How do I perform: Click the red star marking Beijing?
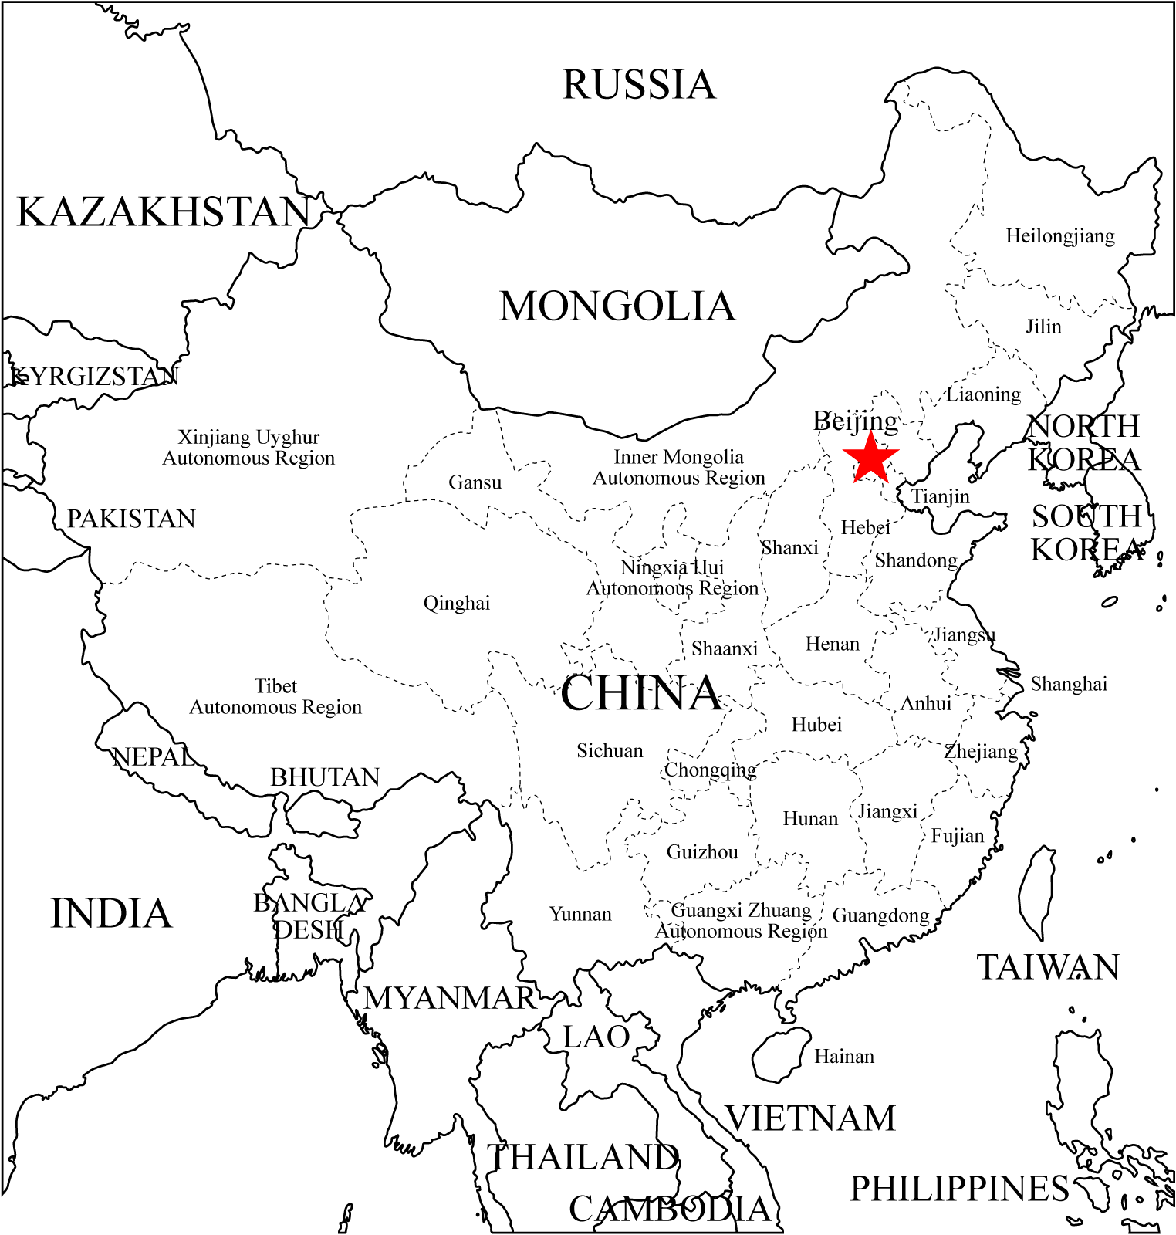870,458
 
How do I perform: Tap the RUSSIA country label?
639,85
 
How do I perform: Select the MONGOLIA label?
617,306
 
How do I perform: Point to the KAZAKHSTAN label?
164,212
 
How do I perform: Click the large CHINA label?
640,693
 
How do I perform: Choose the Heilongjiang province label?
1059,236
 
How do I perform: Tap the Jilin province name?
1043,327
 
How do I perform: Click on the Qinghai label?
456,603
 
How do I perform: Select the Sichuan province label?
610,750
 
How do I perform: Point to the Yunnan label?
580,914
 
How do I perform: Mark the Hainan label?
844,1056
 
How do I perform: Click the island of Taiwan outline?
1037,892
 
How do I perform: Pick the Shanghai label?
1069,684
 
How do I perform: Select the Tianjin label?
941,496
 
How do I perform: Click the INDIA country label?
111,914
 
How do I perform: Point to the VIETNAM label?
810,1118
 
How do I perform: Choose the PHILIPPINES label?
959,1189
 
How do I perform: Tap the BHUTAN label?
325,777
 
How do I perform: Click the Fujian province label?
958,836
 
